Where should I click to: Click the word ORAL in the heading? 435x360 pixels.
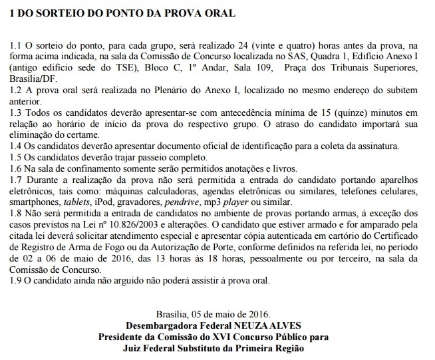[216, 13]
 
